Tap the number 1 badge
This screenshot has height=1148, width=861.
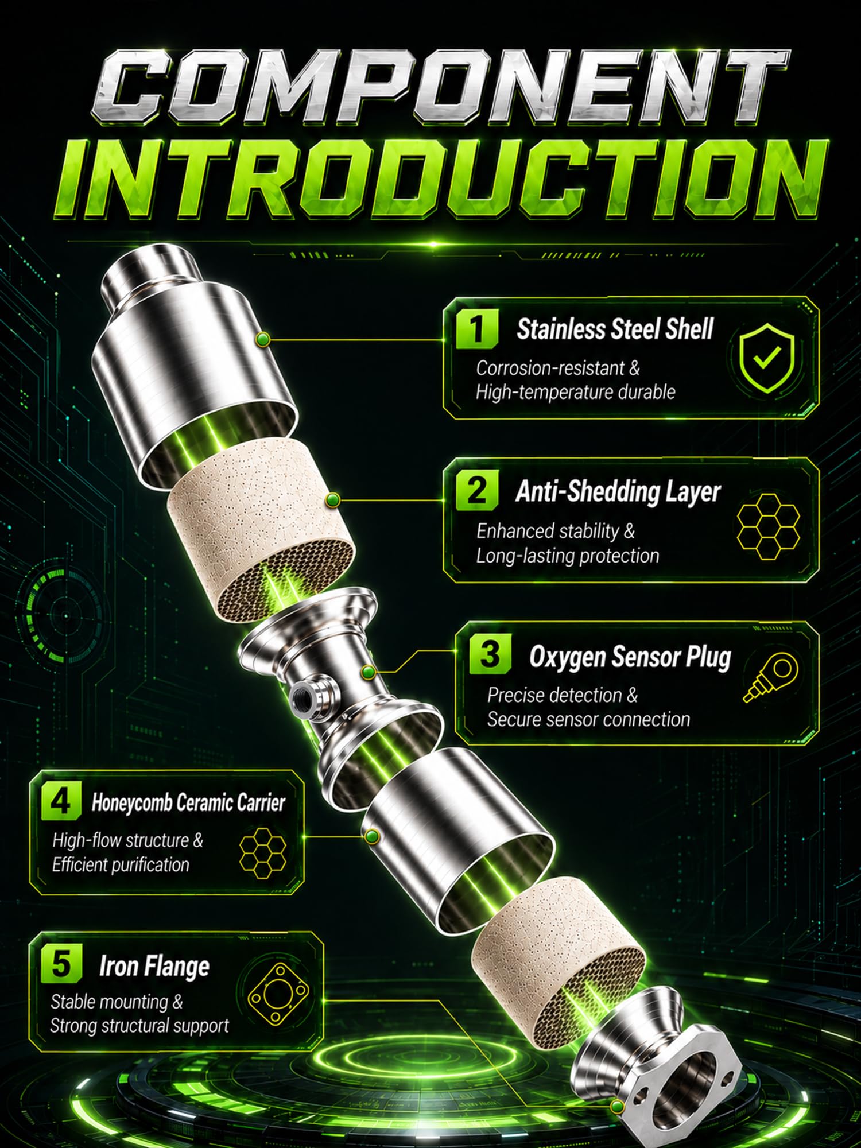click(476, 328)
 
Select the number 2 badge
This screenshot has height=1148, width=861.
click(476, 491)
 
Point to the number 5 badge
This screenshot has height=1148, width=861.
click(61, 964)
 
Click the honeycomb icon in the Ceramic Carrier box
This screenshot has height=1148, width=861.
click(262, 850)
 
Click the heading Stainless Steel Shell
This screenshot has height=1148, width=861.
click(615, 329)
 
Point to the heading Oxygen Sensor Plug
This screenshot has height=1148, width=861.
click(630, 657)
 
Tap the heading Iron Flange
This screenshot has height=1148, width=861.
click(154, 966)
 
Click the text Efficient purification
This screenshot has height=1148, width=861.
click(121, 864)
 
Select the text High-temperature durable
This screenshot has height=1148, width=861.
click(575, 392)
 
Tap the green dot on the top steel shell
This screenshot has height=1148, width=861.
click(263, 340)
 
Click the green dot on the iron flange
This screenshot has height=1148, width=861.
click(618, 1105)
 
